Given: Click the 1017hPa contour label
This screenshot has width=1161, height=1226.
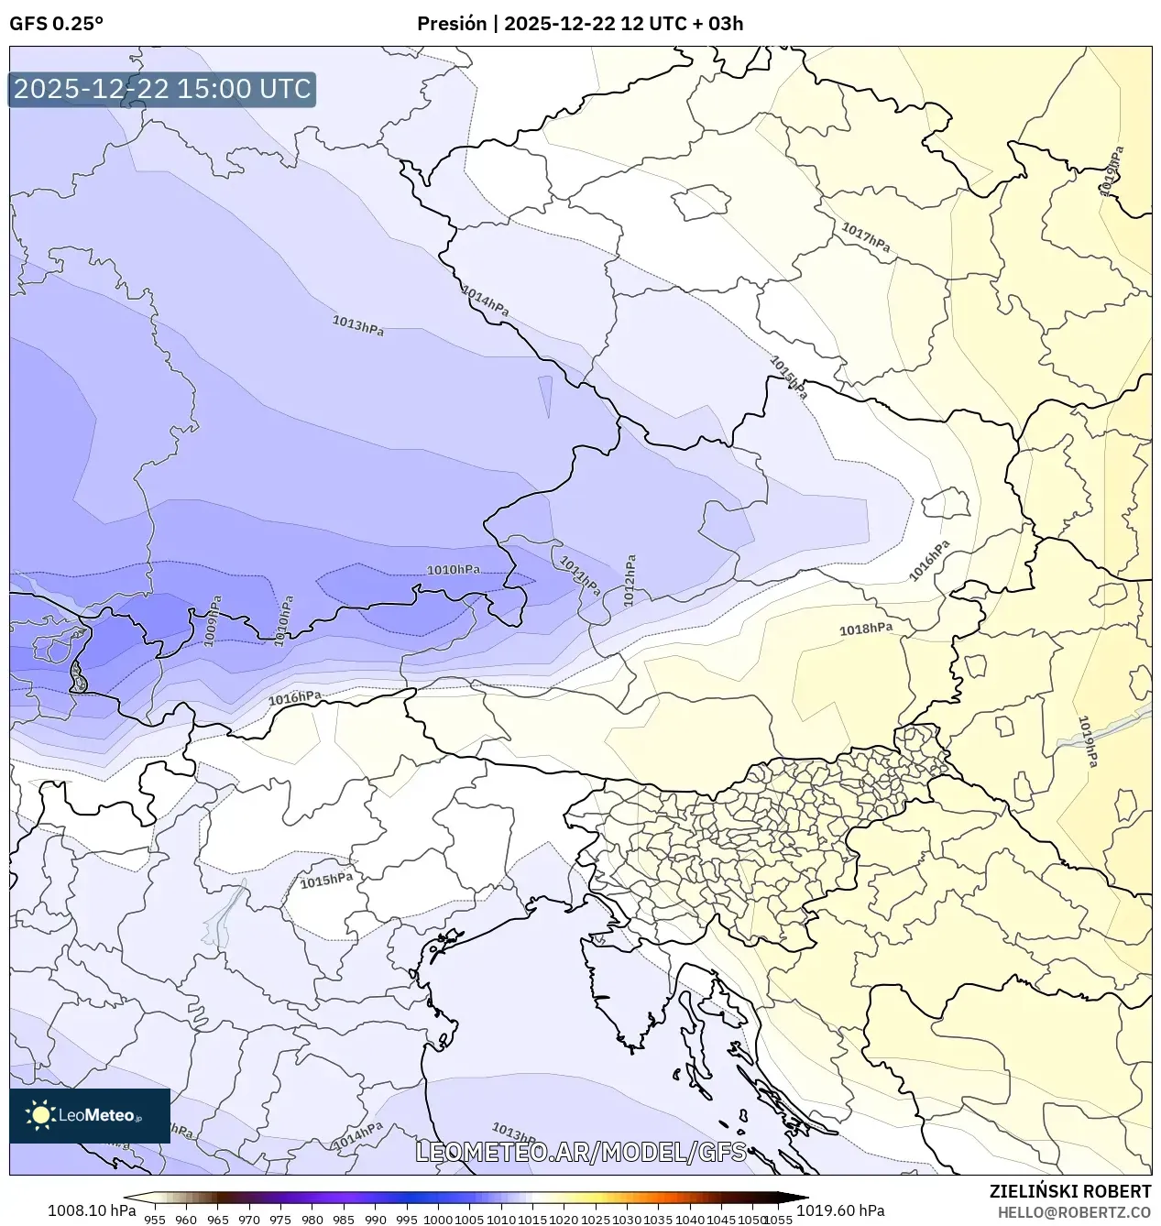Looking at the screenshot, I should point(865,237).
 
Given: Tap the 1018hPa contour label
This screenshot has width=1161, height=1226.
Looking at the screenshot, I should point(866,629).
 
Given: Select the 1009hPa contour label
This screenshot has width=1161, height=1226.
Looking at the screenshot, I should point(213,621).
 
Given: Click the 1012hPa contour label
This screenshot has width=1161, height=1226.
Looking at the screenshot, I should point(630,580).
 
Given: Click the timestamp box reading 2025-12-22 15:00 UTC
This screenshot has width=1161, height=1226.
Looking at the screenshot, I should point(162,89).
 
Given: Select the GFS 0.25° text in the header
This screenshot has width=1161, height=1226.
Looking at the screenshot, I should point(56,24).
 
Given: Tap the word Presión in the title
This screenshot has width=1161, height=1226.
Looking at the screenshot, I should point(452,24).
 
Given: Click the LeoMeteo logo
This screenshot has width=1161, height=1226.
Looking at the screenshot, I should point(90,1115).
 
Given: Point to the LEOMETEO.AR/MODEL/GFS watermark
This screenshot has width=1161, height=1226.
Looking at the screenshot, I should point(581,1152).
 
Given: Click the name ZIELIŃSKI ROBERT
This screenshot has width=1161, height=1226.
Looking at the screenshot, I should point(1069,1191).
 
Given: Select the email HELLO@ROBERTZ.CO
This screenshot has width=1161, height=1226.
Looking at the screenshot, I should point(1074,1212).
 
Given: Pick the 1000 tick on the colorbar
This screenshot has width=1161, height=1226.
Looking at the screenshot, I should point(438,1219).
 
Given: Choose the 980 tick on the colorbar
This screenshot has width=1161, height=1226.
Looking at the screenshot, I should point(312,1219).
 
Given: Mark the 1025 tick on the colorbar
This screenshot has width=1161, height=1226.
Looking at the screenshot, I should point(596,1219).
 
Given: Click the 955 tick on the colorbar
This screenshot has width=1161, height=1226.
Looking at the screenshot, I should point(154,1219).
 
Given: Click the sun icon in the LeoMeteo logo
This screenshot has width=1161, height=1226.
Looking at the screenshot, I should point(41,1115).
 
